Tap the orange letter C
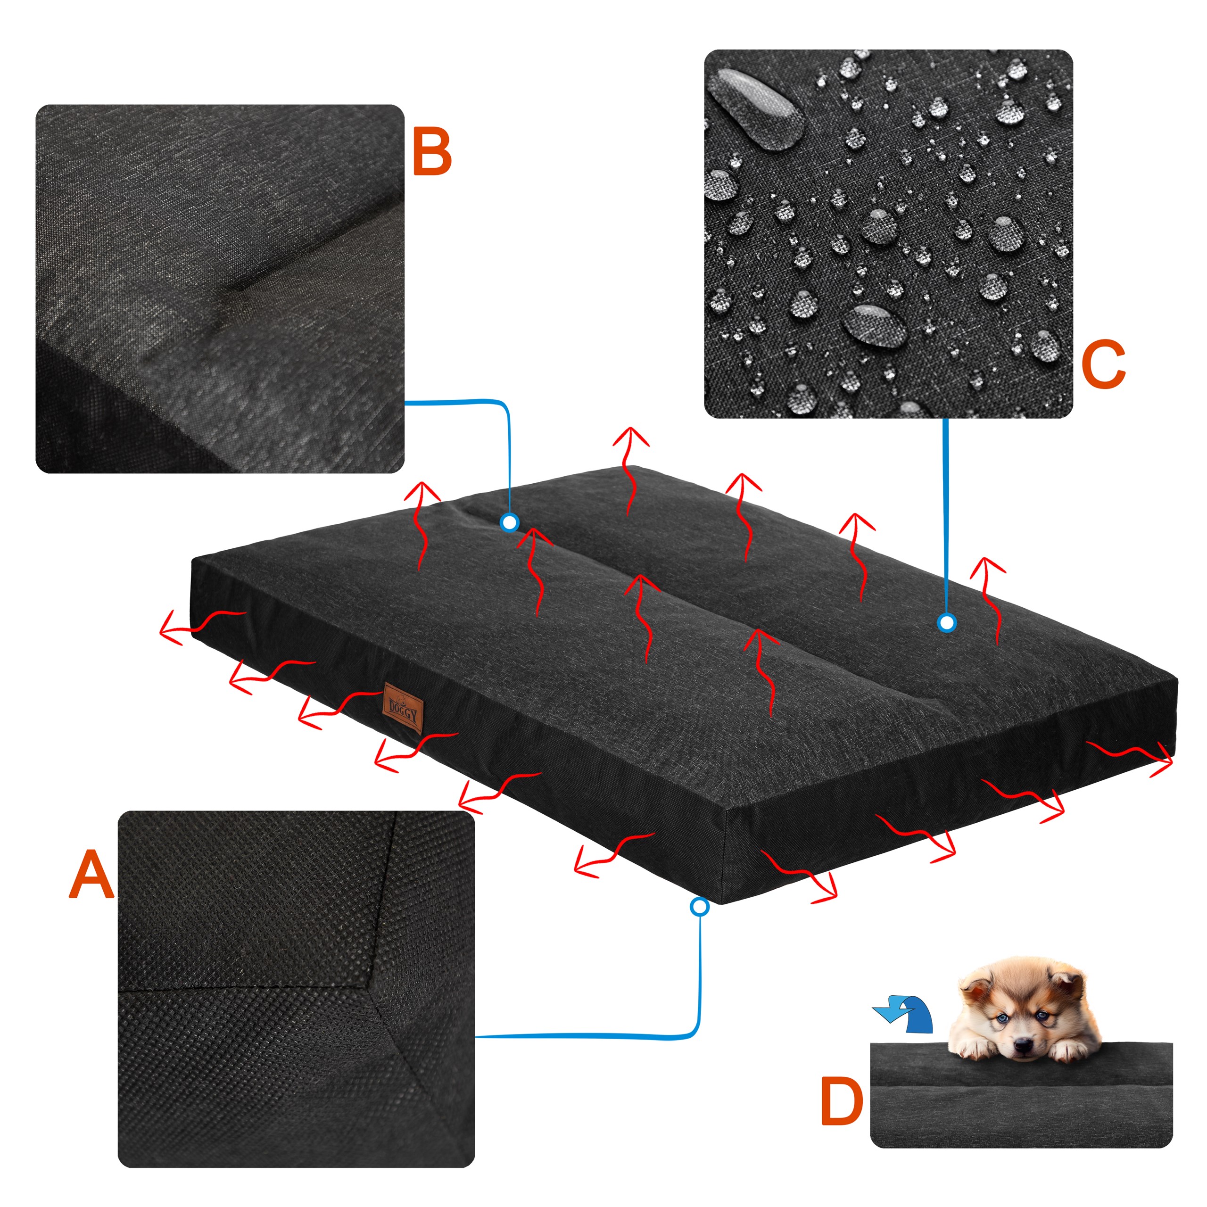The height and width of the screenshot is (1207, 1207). pos(1103,365)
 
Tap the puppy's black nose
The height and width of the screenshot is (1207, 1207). pos(1022,1045)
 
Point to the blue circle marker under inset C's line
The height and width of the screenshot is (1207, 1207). pos(947,622)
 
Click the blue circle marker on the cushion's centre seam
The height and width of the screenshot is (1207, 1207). pos(510,522)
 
